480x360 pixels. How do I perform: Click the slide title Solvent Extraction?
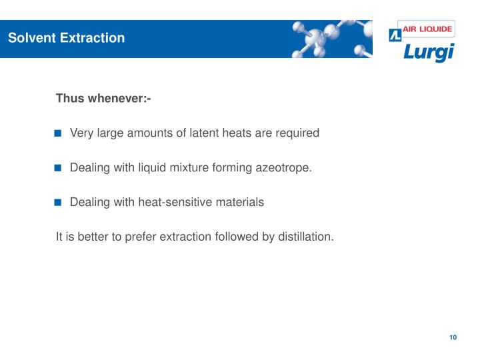click(66, 38)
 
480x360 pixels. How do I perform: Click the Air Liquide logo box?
click(421, 30)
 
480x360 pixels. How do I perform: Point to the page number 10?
click(453, 337)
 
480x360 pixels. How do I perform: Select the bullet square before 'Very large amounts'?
click(58, 133)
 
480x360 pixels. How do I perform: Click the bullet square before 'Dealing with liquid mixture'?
click(58, 168)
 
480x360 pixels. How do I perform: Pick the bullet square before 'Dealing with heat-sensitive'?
click(58, 203)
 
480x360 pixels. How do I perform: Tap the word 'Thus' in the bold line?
click(69, 99)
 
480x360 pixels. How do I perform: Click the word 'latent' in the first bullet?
click(199, 133)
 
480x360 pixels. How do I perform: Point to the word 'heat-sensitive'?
click(170, 203)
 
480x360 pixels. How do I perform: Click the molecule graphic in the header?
click(330, 39)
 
